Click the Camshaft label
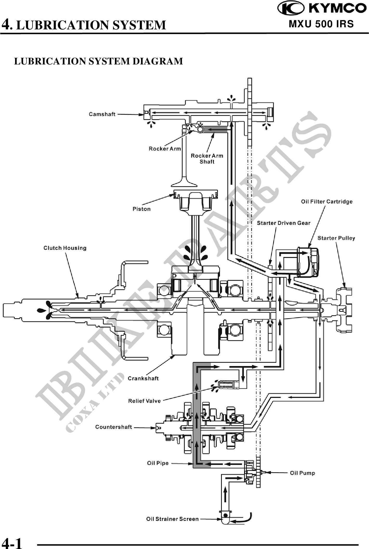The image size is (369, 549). (x=102, y=114)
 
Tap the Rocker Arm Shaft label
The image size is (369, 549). (x=207, y=159)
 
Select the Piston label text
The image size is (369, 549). (x=141, y=209)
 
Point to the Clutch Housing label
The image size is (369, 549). (x=65, y=248)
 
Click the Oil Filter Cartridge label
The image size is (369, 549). (x=327, y=202)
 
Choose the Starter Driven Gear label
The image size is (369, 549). (x=283, y=223)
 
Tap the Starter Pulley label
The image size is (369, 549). (x=336, y=238)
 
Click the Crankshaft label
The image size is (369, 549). (x=143, y=378)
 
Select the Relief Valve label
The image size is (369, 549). (x=144, y=401)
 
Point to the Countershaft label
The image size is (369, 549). (x=113, y=427)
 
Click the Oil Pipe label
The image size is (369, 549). (x=158, y=463)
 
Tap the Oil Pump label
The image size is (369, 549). (x=302, y=473)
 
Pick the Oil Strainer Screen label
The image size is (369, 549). (x=172, y=519)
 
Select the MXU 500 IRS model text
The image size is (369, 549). (x=321, y=24)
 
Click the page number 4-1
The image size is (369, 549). (x=12, y=543)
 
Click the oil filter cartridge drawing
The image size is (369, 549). (x=308, y=262)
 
